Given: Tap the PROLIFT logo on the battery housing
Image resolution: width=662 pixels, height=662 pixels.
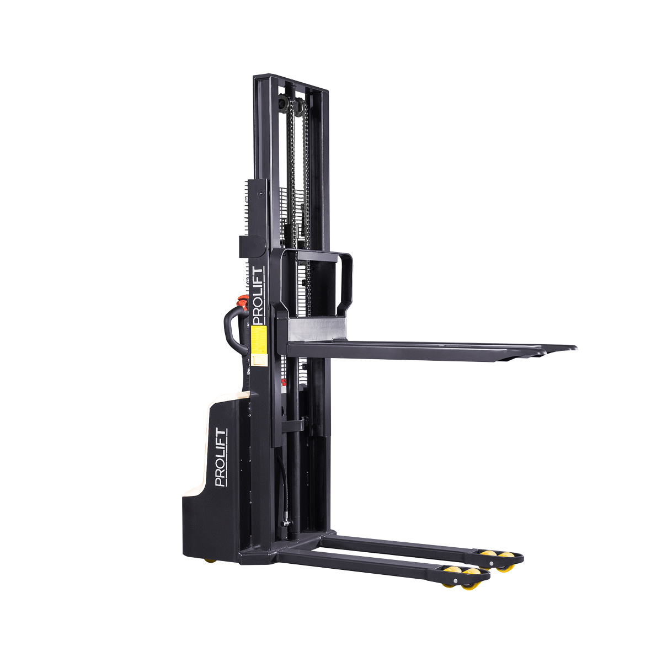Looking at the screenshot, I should (221, 457).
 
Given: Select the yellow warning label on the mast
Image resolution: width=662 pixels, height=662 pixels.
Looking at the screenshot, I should (258, 340).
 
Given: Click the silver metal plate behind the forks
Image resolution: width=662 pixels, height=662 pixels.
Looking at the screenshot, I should (317, 330).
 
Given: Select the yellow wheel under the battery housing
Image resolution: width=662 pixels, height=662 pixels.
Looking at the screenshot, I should (210, 560).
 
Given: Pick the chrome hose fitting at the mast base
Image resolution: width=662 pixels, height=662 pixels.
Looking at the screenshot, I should (286, 522).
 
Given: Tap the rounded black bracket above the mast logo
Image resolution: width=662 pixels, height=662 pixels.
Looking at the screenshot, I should (252, 246).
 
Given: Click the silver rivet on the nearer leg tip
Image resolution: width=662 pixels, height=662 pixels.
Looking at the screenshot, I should (456, 582).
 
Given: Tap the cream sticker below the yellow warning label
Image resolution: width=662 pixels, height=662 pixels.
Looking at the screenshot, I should (258, 360).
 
